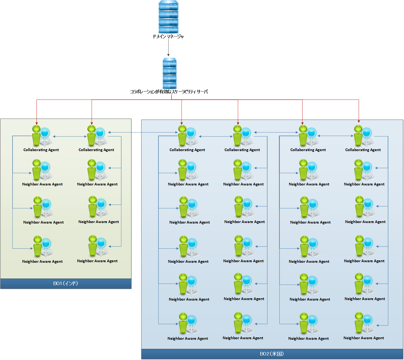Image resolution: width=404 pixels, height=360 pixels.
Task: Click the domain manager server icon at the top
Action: pyautogui.click(x=168, y=17)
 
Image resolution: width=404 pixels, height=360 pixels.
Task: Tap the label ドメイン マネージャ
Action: pyautogui.click(x=168, y=37)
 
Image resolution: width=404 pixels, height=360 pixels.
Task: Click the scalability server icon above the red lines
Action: pyautogui.click(x=170, y=74)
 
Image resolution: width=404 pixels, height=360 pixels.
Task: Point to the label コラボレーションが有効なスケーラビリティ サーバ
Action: pyautogui.click(x=169, y=92)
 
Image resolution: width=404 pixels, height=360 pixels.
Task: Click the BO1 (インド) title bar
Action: pyautogui.click(x=66, y=284)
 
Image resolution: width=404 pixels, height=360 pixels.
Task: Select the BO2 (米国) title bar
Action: pyautogui.click(x=272, y=354)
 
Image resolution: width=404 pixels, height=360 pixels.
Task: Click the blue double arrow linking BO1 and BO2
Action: pyautogui.click(x=143, y=132)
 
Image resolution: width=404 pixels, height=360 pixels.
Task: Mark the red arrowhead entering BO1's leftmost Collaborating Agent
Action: pyautogui.click(x=37, y=123)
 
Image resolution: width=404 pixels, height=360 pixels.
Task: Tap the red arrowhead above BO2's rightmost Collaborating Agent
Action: pyautogui.click(x=359, y=121)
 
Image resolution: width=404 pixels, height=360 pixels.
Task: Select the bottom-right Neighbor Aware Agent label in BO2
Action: pyautogui.click(x=363, y=338)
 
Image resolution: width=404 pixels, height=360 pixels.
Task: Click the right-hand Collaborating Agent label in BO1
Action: pyautogui.click(x=96, y=150)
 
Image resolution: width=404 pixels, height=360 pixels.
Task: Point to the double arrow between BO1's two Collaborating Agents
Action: pyautogui.click(x=70, y=136)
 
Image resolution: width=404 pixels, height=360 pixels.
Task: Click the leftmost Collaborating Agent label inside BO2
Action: pyautogui.click(x=187, y=150)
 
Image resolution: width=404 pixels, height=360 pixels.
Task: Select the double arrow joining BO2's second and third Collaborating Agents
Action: pyautogui.click(x=276, y=132)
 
